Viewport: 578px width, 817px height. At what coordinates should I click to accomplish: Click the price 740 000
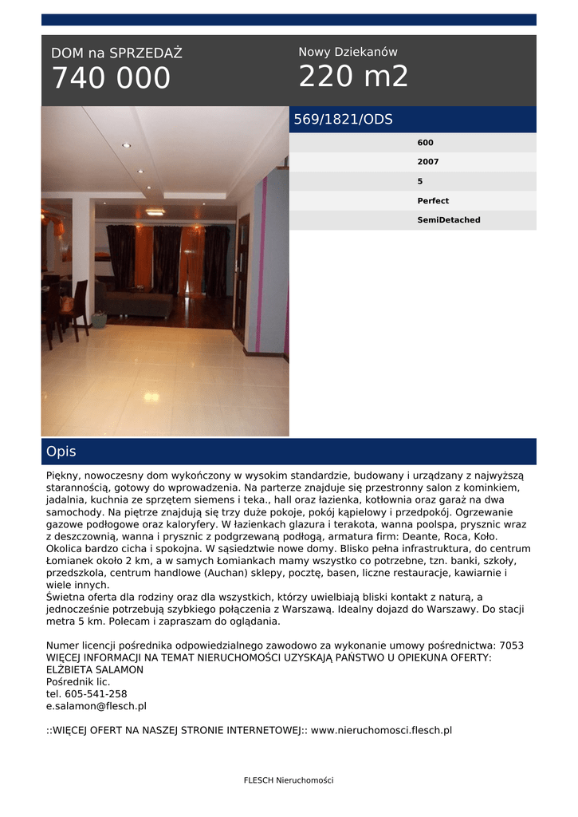click(x=111, y=78)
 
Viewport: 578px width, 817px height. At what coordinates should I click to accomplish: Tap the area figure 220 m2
click(x=353, y=77)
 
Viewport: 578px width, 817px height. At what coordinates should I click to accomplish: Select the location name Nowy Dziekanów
click(x=348, y=52)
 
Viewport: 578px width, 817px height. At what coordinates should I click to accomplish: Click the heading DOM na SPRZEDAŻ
click(x=116, y=53)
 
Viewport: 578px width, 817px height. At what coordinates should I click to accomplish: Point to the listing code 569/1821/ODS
click(x=343, y=120)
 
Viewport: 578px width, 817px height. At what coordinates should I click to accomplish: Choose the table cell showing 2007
click(x=428, y=162)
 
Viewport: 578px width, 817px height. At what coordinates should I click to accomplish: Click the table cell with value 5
click(x=420, y=181)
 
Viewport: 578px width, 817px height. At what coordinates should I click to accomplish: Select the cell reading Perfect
click(x=433, y=201)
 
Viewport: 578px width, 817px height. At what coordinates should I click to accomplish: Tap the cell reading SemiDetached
click(x=449, y=220)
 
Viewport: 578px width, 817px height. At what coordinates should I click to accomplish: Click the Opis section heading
click(x=61, y=452)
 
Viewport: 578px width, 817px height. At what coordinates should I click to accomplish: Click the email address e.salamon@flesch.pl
click(x=96, y=706)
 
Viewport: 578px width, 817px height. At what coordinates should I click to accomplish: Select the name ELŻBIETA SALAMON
click(x=95, y=670)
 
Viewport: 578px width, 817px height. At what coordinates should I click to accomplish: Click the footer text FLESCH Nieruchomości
click(x=289, y=780)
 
